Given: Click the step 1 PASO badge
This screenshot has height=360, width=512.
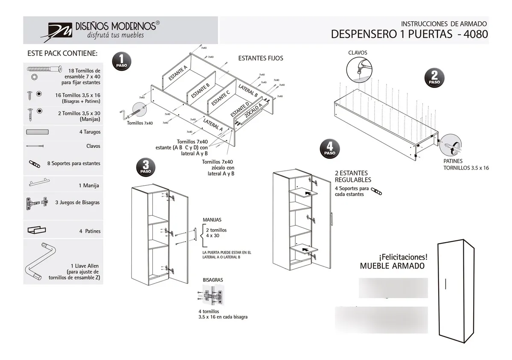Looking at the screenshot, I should (x=121, y=61).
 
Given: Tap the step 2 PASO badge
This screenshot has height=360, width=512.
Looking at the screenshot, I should (x=434, y=78).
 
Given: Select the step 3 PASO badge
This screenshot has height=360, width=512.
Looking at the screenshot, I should (x=145, y=167).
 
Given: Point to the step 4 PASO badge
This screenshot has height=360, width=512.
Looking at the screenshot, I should (x=329, y=149).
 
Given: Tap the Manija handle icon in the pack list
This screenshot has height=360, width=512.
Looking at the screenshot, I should (x=43, y=184).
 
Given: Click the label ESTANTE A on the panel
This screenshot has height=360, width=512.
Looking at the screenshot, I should (x=178, y=73).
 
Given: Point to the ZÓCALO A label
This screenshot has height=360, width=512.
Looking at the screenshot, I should (x=253, y=110).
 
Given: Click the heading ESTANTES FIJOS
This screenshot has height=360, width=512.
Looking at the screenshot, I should (x=260, y=59).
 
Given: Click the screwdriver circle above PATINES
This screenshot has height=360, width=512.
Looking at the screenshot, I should (x=451, y=146).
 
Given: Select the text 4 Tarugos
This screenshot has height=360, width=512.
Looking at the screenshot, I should (x=90, y=132).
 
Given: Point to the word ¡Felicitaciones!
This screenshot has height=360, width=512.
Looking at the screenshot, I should (x=403, y=257).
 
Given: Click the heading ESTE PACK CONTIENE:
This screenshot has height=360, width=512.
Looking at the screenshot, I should (x=62, y=54).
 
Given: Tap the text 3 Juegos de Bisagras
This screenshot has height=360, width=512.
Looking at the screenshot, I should (x=77, y=202).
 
